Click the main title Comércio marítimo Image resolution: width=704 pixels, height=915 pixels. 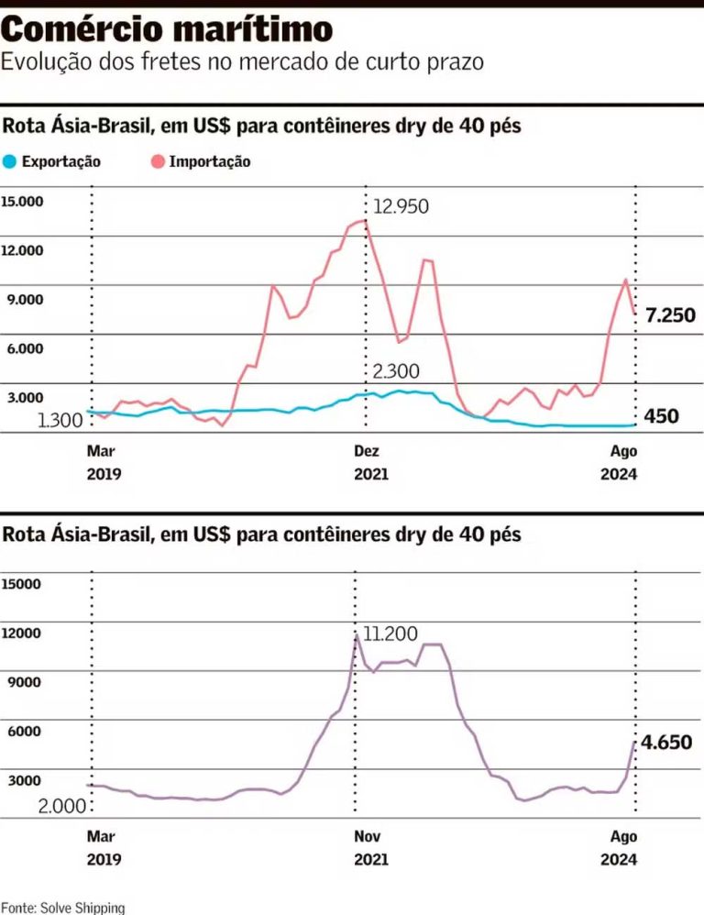tap(167, 29)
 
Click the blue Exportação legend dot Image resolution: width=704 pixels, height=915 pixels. tap(9, 161)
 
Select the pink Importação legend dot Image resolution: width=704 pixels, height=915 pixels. tap(158, 161)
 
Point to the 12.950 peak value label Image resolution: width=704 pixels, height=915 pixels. tap(401, 206)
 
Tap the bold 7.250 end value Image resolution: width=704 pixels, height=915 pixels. tap(670, 315)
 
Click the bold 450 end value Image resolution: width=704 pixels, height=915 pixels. tap(660, 416)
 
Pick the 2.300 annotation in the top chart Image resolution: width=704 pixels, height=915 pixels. tap(396, 371)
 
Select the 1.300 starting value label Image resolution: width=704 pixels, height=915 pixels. tap(60, 420)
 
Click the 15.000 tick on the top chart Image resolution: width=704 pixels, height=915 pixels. tap(23, 201)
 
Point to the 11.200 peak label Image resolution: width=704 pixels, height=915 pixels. tap(390, 634)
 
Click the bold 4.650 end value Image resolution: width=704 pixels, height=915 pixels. tap(666, 743)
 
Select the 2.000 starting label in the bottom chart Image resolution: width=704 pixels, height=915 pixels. tap(62, 806)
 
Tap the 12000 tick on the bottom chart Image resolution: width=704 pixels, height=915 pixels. tap(21, 633)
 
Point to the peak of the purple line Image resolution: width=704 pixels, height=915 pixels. tap(356, 635)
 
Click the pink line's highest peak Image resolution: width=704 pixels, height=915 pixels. tap(365, 220)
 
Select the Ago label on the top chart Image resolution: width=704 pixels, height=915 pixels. tap(623, 451)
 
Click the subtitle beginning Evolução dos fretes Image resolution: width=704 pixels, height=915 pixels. tap(242, 62)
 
